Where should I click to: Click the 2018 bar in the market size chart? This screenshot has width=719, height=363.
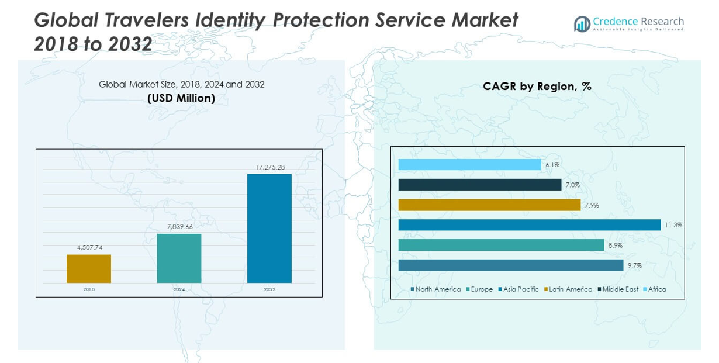[89, 268]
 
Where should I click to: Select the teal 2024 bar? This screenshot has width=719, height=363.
[179, 258]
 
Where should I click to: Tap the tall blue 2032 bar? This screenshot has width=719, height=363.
[269, 228]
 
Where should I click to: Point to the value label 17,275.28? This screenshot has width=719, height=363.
[269, 167]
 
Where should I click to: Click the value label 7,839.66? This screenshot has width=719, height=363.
[179, 227]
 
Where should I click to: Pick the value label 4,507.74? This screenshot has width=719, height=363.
[89, 247]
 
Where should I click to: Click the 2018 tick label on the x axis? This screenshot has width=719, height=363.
[89, 289]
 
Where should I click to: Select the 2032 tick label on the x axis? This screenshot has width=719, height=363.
[269, 289]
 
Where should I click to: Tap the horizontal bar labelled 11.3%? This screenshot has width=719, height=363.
[529, 225]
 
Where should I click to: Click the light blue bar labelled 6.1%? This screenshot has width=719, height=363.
[469, 165]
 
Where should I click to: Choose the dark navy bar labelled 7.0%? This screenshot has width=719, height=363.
[479, 185]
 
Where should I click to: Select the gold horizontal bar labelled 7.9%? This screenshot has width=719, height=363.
[489, 205]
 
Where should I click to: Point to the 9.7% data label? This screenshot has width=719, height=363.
[634, 265]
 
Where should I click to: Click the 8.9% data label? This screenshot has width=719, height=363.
[615, 246]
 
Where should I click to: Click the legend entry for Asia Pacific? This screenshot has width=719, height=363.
[520, 289]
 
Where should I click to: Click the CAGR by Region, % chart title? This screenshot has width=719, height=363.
[537, 87]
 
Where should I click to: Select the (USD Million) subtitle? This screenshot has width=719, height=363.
[181, 98]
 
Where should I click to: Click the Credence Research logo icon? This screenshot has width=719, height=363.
[582, 24]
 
